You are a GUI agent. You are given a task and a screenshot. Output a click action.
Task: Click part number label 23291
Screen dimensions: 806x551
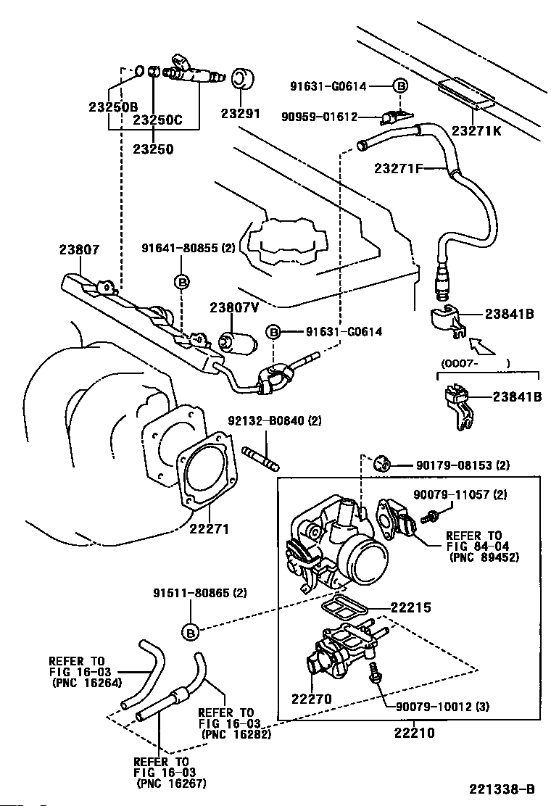(x=240, y=114)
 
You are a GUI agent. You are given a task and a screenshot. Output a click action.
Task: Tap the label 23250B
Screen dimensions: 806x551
(x=113, y=107)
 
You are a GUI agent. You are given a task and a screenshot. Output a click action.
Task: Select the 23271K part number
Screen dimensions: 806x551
(x=476, y=130)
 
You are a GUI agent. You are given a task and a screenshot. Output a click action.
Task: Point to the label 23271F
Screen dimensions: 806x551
(x=399, y=169)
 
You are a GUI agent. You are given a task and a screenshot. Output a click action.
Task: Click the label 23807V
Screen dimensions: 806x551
(x=234, y=307)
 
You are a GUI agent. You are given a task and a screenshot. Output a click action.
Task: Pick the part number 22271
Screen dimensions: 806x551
(x=210, y=529)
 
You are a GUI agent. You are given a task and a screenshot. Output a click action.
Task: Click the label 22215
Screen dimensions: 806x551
(x=411, y=607)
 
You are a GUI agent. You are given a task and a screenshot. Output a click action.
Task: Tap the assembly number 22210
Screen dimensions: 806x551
(x=414, y=733)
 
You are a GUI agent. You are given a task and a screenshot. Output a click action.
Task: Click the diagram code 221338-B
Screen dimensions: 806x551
(x=502, y=788)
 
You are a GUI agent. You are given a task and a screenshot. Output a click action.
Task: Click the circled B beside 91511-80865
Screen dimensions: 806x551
(x=190, y=632)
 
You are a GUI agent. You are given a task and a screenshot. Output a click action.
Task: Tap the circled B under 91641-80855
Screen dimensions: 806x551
(x=181, y=281)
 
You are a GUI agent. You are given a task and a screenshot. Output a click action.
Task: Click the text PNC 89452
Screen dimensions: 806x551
(x=484, y=557)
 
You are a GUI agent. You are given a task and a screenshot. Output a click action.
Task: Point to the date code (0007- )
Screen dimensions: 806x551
(x=476, y=362)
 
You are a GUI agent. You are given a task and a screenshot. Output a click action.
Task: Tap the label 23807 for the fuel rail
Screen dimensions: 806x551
(x=79, y=249)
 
